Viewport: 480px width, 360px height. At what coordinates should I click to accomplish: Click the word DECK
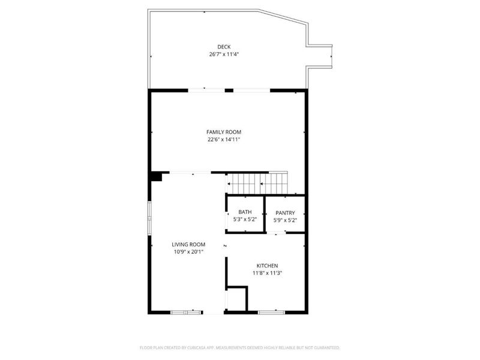pos(224,47)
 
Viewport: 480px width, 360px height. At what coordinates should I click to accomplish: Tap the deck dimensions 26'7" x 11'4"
pos(224,54)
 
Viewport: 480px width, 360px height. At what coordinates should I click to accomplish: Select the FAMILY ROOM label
pos(224,132)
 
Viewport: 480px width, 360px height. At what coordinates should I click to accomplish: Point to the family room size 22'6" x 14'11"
pos(224,139)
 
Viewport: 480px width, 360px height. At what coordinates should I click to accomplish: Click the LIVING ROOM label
pos(188,244)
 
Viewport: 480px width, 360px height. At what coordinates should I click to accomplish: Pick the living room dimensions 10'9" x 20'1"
pos(188,252)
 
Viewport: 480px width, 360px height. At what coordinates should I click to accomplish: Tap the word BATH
pos(245,212)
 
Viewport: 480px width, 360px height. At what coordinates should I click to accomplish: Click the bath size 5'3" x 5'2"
pos(245,220)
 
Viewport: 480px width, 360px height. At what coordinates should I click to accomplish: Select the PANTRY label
pos(284,213)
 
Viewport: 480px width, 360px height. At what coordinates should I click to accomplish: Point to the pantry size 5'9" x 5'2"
pos(284,220)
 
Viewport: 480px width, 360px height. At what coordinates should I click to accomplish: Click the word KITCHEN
pos(267,265)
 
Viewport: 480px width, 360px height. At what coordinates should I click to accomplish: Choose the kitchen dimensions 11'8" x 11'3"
pos(267,273)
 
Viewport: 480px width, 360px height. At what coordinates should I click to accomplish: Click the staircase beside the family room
pos(257,182)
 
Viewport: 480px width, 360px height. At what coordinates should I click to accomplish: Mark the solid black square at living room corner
pos(156,176)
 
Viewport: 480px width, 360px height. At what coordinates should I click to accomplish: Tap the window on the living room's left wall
pos(150,214)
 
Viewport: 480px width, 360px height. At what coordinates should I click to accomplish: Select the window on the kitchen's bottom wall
pos(271,312)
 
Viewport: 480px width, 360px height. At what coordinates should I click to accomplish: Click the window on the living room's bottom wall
pos(186,312)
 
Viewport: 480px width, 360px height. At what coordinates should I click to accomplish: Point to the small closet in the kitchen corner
pos(237,298)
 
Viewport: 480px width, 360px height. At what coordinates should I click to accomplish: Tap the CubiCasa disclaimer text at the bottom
pos(239,347)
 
